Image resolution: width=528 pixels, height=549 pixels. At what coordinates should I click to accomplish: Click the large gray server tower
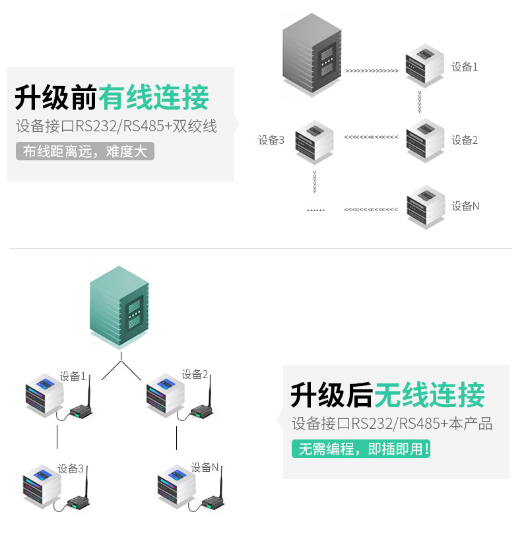(x=312, y=55)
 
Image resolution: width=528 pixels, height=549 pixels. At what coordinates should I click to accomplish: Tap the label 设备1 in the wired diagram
(x=464, y=67)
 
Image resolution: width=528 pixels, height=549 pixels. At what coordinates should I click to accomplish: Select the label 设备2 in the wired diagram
(x=464, y=140)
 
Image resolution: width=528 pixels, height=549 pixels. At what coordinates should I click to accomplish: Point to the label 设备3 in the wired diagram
(x=271, y=140)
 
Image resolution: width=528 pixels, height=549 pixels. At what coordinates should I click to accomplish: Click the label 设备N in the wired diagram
(x=465, y=206)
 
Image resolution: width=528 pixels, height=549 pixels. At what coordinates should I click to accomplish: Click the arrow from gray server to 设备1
(x=372, y=71)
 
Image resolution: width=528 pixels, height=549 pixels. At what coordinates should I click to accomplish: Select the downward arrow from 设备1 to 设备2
(x=420, y=102)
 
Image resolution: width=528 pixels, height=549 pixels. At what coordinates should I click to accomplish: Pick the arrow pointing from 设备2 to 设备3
(x=371, y=137)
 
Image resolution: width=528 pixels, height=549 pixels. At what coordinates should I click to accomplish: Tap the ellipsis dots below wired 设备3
(x=315, y=210)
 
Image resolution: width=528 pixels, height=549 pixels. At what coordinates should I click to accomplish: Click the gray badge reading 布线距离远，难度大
(x=85, y=151)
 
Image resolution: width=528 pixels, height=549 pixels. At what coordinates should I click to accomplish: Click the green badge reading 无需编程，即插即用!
(x=361, y=449)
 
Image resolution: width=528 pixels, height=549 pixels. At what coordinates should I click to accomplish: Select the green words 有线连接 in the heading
(x=154, y=98)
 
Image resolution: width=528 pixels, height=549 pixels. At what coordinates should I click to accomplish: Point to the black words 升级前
(x=56, y=98)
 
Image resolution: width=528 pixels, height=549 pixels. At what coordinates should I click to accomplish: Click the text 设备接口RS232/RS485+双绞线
(x=116, y=126)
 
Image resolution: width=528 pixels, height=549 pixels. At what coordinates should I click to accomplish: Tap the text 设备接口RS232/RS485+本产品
(x=392, y=424)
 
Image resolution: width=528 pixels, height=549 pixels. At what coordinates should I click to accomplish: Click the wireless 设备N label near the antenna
(x=205, y=467)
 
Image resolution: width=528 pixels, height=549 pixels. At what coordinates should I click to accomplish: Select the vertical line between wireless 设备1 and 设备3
(x=57, y=437)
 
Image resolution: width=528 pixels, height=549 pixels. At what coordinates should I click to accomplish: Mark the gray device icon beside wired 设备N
(x=426, y=207)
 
